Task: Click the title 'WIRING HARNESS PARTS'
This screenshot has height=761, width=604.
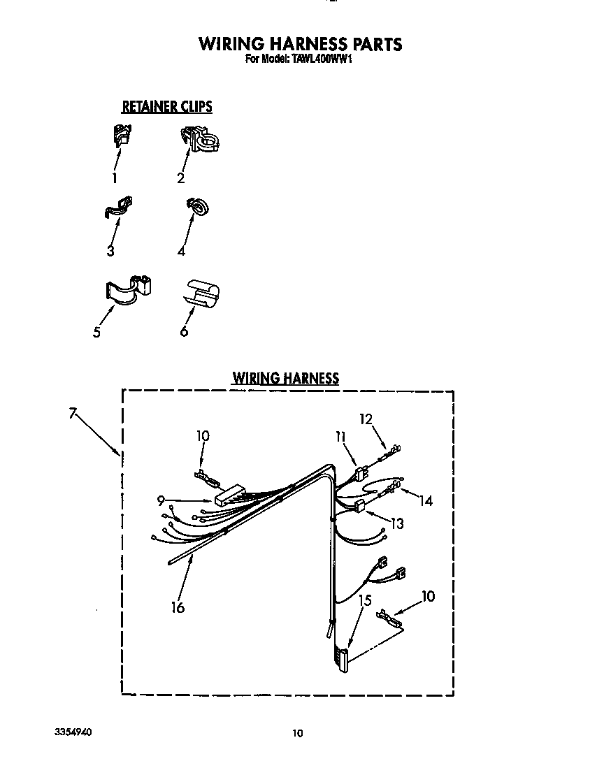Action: (301, 44)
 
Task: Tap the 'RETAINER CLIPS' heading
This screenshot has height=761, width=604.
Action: (167, 107)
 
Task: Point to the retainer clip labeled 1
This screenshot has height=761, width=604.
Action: (123, 136)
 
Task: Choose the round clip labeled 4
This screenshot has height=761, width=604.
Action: (198, 205)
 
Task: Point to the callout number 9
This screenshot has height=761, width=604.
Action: (161, 500)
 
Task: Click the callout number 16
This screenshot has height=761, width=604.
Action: (178, 608)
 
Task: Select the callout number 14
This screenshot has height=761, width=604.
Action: (426, 501)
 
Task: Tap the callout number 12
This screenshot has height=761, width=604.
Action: (366, 419)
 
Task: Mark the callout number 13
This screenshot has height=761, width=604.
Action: (397, 523)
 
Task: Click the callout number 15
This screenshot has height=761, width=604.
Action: (365, 600)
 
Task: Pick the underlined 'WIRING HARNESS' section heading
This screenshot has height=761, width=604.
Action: (285, 378)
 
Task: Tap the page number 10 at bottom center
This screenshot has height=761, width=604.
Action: (298, 733)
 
